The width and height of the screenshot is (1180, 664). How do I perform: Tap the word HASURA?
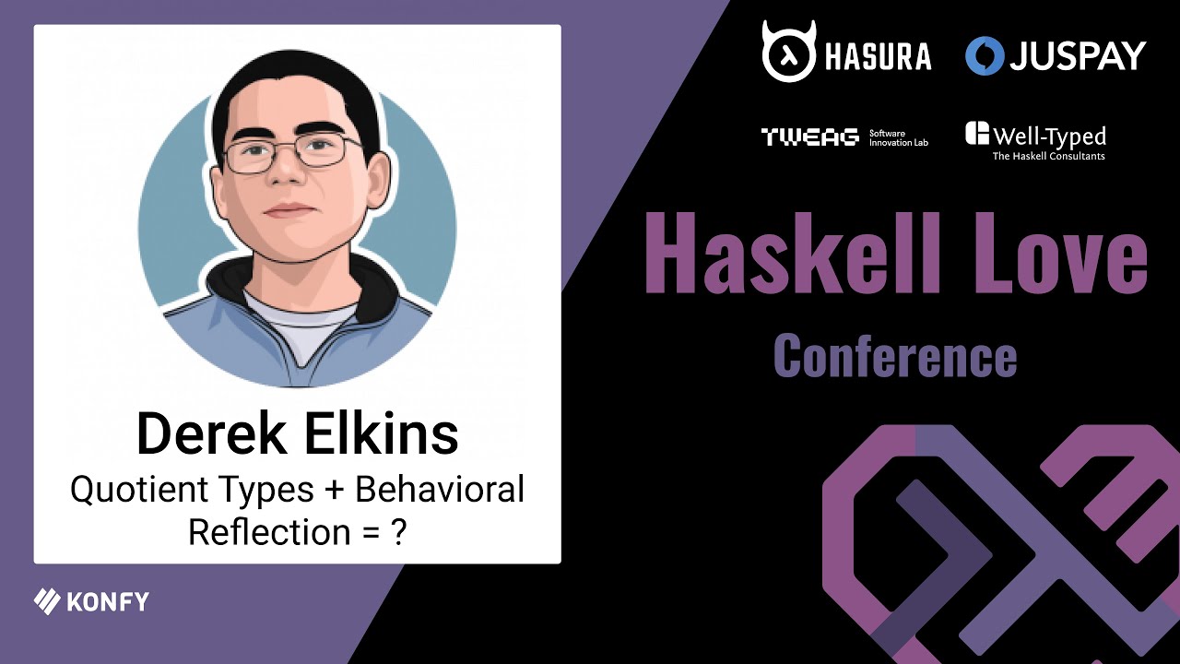click(875, 57)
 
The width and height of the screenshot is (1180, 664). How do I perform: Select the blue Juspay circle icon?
click(984, 55)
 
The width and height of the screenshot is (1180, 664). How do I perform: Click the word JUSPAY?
click(1077, 56)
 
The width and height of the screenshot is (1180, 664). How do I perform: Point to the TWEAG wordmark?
click(809, 137)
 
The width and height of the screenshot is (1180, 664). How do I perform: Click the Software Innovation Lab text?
click(898, 138)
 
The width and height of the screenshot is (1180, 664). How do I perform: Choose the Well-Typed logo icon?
click(977, 134)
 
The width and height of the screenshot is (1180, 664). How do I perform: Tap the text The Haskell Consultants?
click(1048, 157)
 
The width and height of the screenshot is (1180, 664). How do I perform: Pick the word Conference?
click(895, 356)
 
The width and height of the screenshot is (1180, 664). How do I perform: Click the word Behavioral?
click(440, 489)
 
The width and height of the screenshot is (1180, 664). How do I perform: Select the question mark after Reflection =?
click(399, 532)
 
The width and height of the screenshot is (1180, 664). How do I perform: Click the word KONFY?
click(108, 603)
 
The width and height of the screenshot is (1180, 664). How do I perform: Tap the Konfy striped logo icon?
click(47, 601)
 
